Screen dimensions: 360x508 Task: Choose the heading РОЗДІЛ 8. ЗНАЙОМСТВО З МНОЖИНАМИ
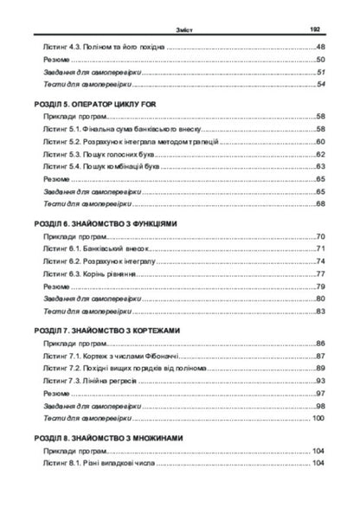click(107, 438)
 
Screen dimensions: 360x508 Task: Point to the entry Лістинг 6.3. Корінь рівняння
click(91, 273)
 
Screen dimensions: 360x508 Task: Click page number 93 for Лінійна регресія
click(319, 380)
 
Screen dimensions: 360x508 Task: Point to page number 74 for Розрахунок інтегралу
click(319, 260)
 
